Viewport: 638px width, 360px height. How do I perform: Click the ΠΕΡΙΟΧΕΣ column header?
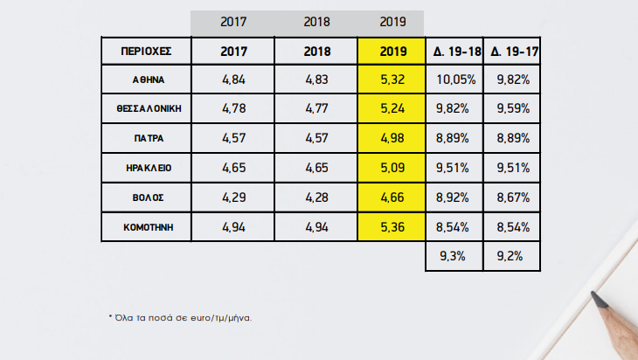(146, 52)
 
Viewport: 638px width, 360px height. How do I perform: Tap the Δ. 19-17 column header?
(511, 52)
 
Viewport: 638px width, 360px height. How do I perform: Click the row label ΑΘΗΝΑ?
(146, 80)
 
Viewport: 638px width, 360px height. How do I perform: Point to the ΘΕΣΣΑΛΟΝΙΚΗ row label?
(146, 109)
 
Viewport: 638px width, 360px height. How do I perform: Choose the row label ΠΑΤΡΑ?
(146, 138)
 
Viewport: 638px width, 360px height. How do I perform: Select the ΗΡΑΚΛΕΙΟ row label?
(146, 167)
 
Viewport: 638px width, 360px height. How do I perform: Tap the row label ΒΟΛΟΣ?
(146, 197)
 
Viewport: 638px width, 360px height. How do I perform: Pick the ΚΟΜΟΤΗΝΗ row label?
(146, 226)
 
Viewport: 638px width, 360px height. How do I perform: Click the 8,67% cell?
(511, 197)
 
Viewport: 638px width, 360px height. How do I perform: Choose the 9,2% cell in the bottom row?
(511, 256)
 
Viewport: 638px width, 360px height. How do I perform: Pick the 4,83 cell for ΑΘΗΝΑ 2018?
(317, 80)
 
